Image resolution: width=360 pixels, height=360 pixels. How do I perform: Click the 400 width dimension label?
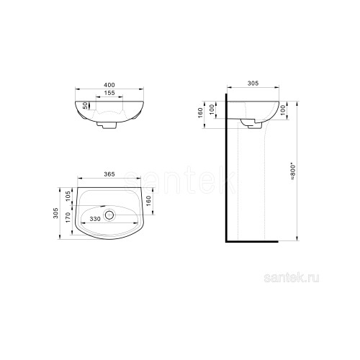(x=109, y=85)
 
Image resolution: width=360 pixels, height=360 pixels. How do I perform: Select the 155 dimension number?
(x=109, y=93)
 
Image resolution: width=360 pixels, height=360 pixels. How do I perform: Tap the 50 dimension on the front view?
(x=86, y=106)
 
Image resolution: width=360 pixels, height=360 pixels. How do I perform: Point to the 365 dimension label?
(x=109, y=174)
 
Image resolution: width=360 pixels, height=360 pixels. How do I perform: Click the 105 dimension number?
(x=68, y=196)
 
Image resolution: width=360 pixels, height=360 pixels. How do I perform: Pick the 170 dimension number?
(x=68, y=217)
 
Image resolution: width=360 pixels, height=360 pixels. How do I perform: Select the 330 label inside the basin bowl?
(x=95, y=219)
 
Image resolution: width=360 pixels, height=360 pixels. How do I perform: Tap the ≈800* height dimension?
(x=292, y=172)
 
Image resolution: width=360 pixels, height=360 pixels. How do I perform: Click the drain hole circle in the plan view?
(x=109, y=215)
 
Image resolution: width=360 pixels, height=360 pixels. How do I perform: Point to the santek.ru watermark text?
(x=292, y=279)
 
